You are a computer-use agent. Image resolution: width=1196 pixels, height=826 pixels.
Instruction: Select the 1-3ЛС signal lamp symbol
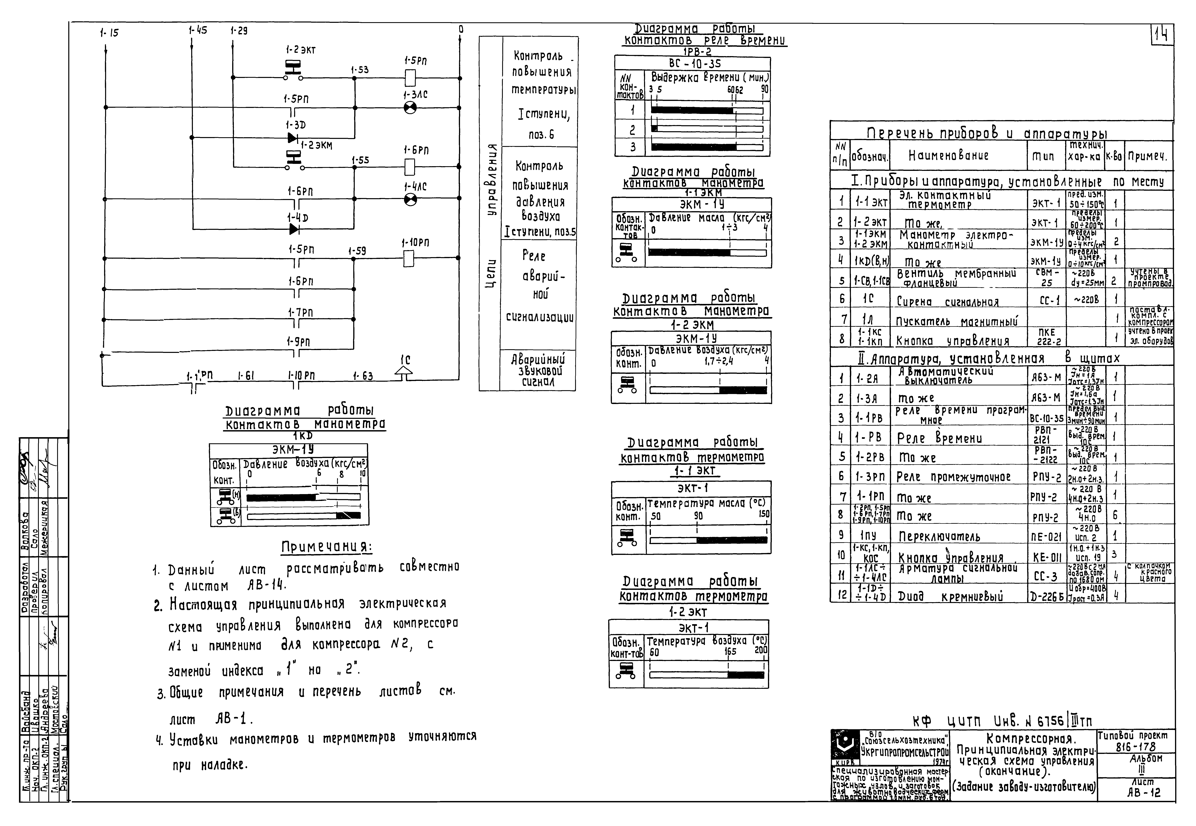410,108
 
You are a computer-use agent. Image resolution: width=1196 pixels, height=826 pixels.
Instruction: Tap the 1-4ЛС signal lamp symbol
410,199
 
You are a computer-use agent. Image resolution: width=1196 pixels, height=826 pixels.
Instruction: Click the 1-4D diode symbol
294,229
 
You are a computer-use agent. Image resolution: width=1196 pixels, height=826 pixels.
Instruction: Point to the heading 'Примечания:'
327,547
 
